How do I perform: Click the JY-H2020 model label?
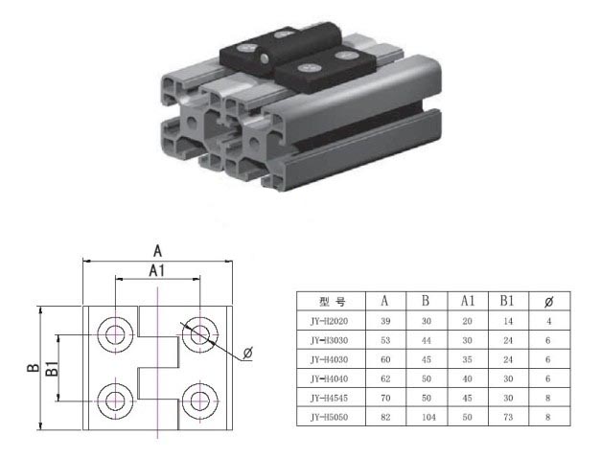[x=329, y=321]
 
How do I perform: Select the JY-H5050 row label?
[x=329, y=417]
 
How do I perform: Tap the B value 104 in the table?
[x=428, y=417]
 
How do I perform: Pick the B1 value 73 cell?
[x=508, y=417]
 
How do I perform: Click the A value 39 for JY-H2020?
[x=385, y=321]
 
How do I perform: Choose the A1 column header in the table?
[x=468, y=301]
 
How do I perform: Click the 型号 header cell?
[x=332, y=302]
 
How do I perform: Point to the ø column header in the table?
[x=549, y=302]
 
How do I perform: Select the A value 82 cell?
[x=385, y=417]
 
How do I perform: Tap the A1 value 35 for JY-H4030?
[x=467, y=359]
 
